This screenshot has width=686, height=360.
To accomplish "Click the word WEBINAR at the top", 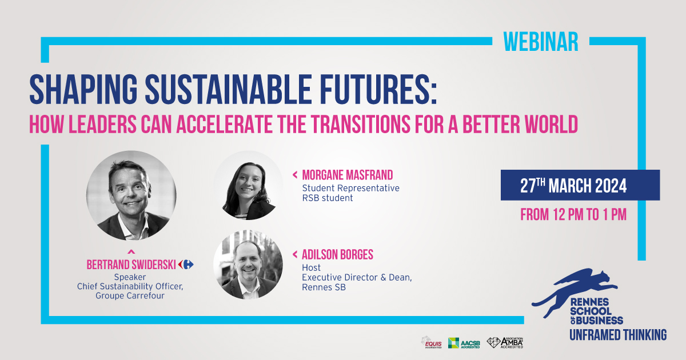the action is click(x=541, y=42).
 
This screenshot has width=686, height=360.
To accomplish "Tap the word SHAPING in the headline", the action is click(x=83, y=89).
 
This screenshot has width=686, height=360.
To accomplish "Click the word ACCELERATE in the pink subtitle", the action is click(x=224, y=125).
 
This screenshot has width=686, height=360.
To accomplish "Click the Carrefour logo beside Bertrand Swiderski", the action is click(x=186, y=264).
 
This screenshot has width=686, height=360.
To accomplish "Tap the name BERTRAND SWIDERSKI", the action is click(x=131, y=265).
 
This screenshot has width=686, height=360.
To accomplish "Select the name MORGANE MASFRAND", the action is click(x=348, y=175).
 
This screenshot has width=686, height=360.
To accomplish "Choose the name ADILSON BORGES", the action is click(x=337, y=255).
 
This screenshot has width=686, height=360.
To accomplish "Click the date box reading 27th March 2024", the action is click(x=580, y=185).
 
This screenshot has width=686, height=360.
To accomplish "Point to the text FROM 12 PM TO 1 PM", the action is click(x=573, y=214).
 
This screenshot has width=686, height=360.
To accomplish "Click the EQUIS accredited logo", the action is click(x=432, y=342).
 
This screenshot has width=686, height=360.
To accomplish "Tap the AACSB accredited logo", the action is click(x=464, y=343).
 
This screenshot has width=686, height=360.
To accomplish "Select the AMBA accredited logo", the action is click(x=505, y=342).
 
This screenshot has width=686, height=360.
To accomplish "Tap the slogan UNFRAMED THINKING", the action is click(x=618, y=335).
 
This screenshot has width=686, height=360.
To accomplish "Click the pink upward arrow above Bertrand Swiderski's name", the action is click(x=131, y=251).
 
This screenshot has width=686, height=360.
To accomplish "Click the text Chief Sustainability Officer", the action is click(x=130, y=286).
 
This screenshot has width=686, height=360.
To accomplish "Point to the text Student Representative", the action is click(x=350, y=188).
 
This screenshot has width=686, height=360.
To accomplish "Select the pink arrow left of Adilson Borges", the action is click(x=295, y=254).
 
